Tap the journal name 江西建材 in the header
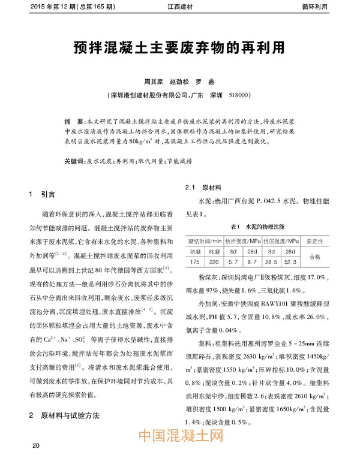[180, 7]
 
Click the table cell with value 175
[195, 261]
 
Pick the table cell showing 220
[215, 261]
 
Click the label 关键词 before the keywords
[74, 162]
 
